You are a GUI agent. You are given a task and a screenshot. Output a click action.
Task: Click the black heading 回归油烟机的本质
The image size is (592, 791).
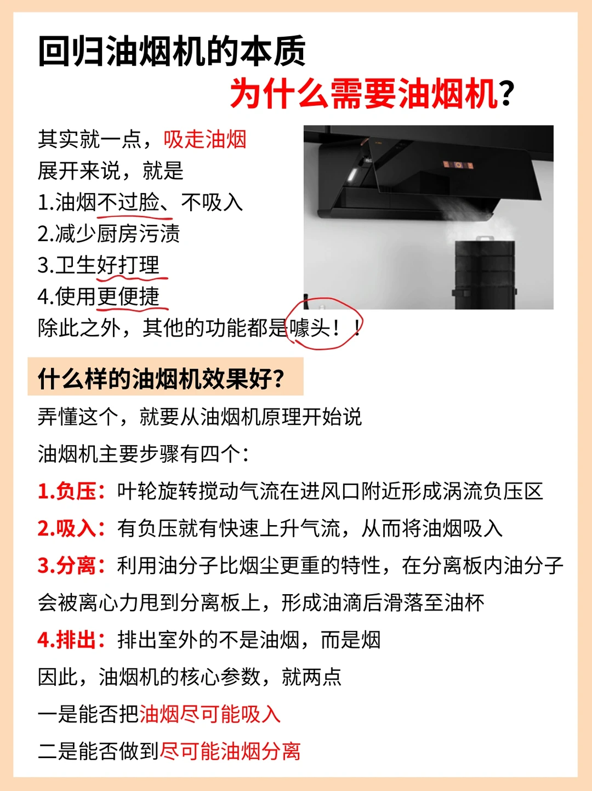tap(172, 52)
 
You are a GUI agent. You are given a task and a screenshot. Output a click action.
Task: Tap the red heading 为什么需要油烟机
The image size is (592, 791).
tap(364, 94)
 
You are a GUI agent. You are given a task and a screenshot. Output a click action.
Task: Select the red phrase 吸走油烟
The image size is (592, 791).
tap(204, 139)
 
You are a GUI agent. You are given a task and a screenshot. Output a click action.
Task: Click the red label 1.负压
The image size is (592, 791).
tap(71, 492)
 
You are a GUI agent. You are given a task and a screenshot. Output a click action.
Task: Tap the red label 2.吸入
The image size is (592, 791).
tap(71, 528)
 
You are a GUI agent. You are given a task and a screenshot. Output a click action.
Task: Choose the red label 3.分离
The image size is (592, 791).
tap(71, 566)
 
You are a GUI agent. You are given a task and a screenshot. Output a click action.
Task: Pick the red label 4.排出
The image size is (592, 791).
tap(71, 640)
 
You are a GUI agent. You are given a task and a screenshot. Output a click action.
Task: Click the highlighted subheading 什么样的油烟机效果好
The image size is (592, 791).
tap(161, 379)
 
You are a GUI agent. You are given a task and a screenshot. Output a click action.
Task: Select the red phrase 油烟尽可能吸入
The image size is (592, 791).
tap(210, 714)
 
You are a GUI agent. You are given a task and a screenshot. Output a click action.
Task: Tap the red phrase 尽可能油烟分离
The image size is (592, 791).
tap(230, 752)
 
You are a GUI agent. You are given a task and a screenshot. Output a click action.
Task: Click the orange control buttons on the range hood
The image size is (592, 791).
tap(458, 165)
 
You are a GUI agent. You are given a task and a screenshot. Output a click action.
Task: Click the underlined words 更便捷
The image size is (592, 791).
tap(128, 297)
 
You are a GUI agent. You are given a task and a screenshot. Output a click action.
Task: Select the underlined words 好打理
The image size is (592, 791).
tap(128, 265)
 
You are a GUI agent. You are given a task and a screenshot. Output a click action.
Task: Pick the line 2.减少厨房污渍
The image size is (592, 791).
tap(109, 234)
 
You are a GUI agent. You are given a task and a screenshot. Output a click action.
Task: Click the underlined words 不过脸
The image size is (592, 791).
tap(128, 202)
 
